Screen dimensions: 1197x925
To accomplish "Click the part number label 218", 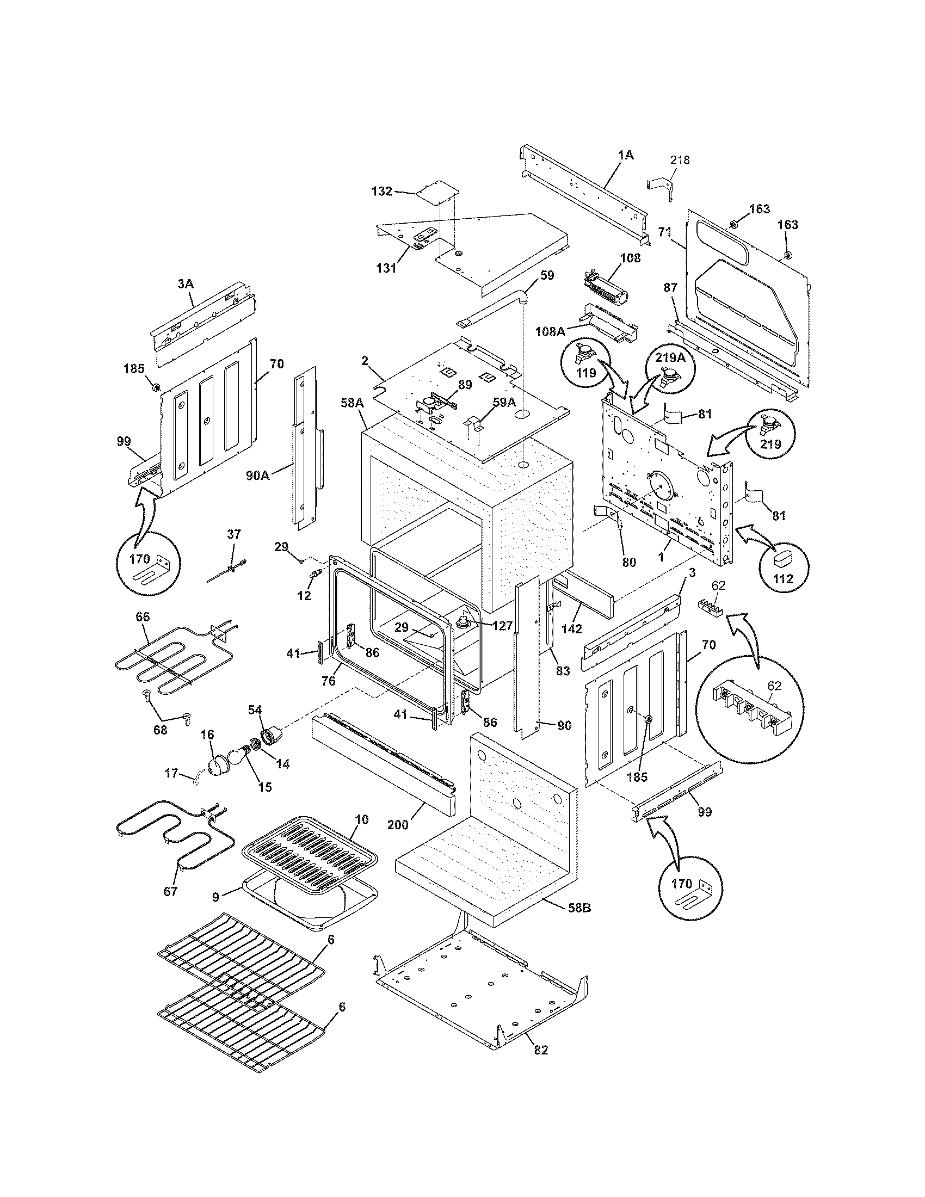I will coord(680,160).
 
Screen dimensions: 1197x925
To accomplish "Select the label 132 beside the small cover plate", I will coord(381,191).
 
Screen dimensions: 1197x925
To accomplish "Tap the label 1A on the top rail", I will coord(626,156).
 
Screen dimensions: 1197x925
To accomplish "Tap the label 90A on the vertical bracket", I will coord(258,475).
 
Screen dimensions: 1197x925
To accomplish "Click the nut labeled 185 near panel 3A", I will coord(155,388).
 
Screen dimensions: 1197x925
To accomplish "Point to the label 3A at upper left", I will coord(185,284).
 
